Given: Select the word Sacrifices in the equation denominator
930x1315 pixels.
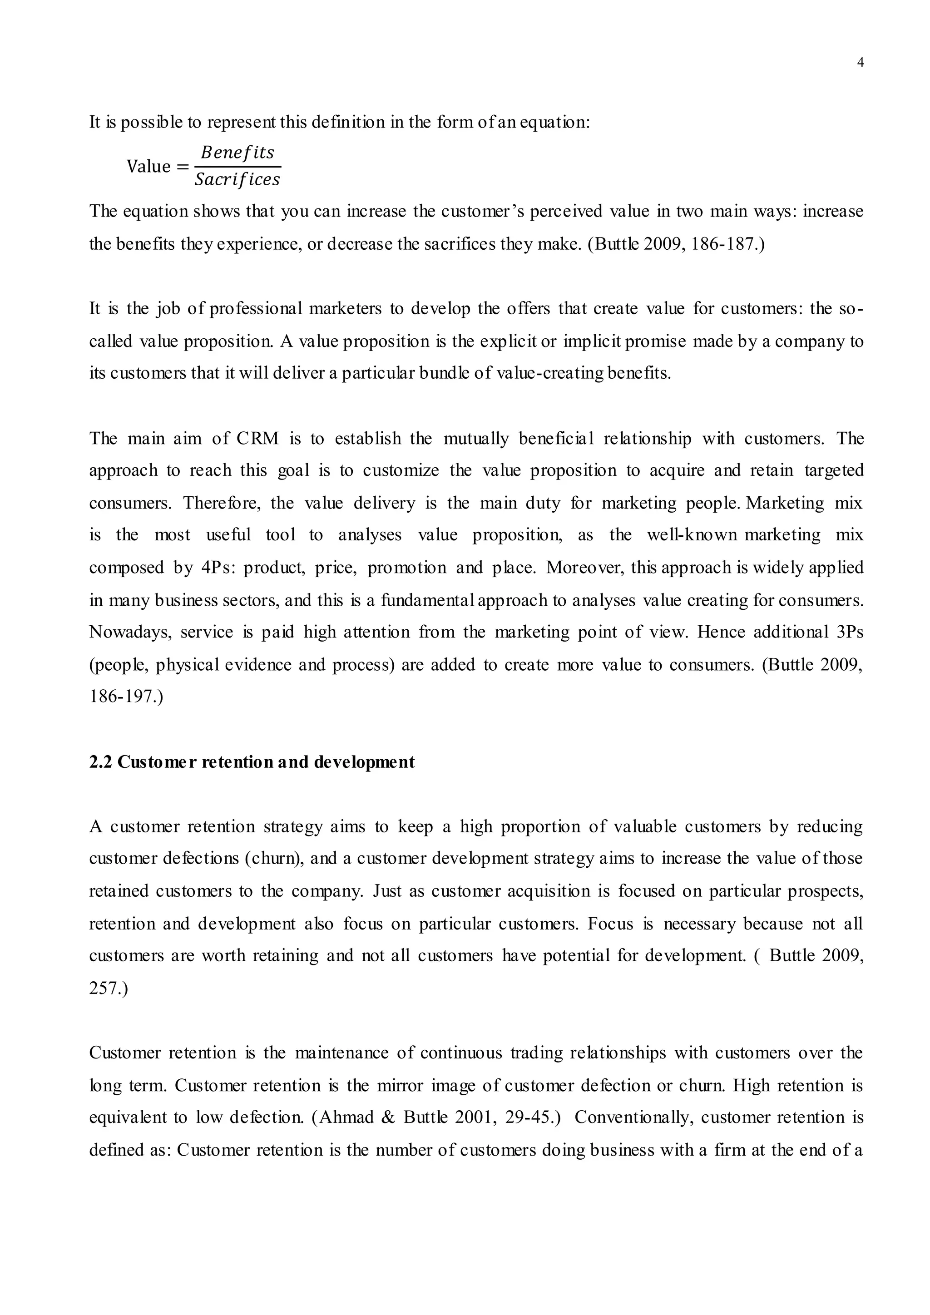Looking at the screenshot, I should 237,180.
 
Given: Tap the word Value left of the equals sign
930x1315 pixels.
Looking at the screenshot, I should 148,167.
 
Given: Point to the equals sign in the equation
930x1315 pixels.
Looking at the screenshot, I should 182,167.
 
